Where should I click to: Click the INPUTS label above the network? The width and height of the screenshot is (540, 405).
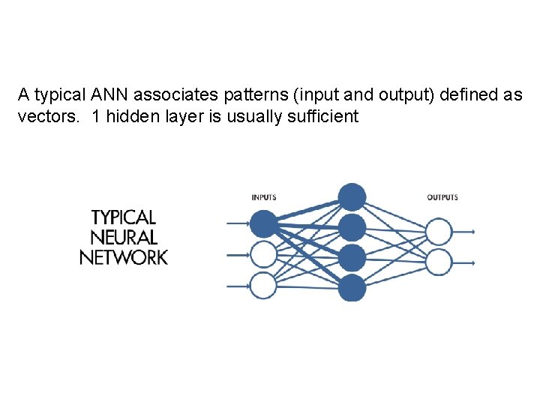point(264,197)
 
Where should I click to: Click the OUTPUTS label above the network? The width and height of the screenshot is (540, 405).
point(442,197)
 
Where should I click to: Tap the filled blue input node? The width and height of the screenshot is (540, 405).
point(263,223)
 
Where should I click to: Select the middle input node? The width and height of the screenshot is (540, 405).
point(263,254)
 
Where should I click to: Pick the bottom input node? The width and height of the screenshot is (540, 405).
point(263,285)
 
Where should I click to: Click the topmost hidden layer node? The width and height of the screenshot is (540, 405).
point(352,197)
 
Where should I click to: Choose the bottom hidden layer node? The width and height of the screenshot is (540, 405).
point(352,288)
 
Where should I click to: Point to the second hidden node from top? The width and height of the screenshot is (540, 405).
point(352,227)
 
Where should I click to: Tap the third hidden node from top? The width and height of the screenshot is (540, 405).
point(352,258)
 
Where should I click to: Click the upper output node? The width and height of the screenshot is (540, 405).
point(439,232)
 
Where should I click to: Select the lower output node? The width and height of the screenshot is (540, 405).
point(439,262)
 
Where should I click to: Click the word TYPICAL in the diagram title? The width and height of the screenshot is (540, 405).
point(124,217)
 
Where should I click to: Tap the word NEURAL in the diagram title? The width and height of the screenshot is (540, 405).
point(124,238)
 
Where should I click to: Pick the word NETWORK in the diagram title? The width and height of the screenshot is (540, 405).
point(124,258)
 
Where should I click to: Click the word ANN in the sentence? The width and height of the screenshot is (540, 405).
point(104,95)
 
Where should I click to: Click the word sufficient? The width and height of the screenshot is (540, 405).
point(324,116)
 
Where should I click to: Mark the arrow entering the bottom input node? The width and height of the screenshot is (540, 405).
point(238,285)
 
